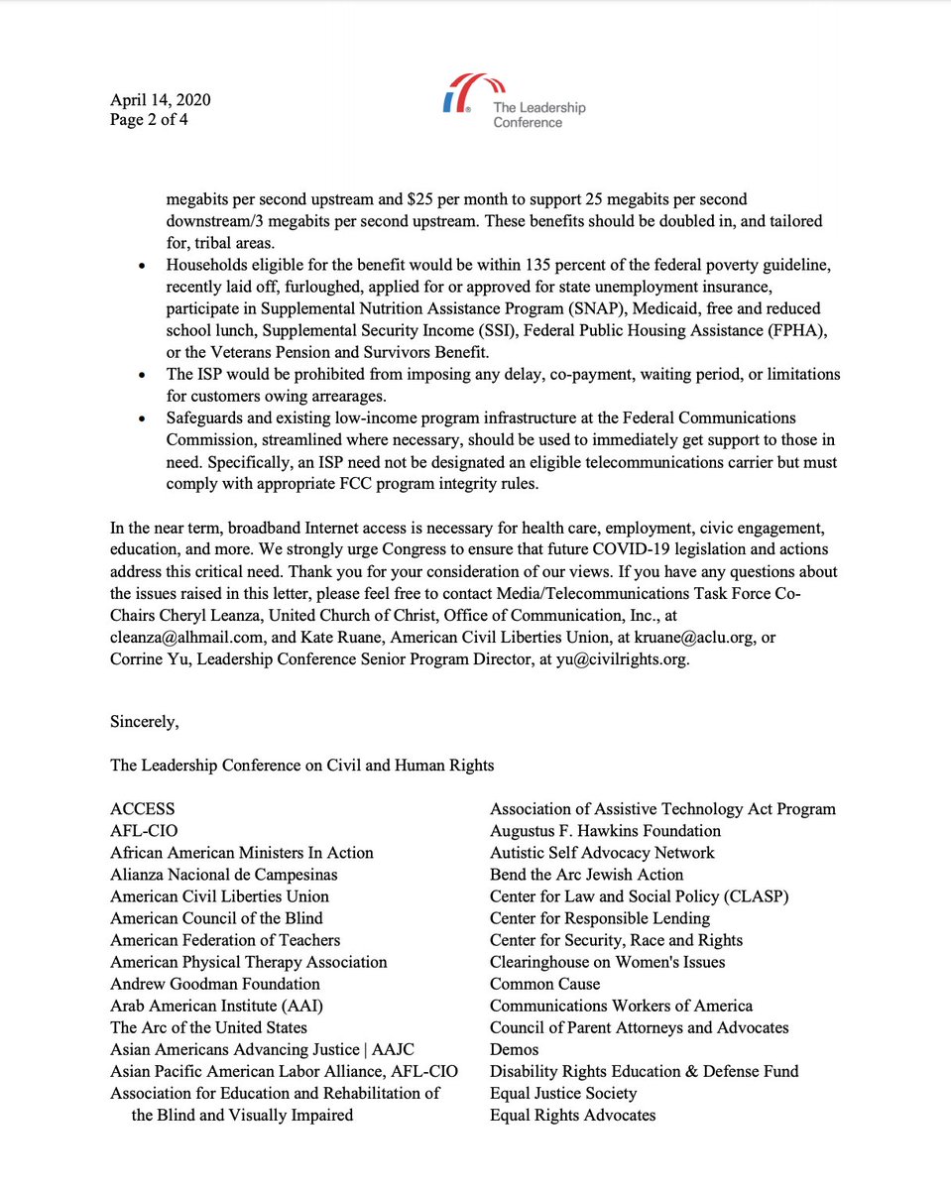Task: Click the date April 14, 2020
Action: (x=160, y=100)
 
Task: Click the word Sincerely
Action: (x=145, y=721)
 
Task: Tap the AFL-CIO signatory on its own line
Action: (x=145, y=831)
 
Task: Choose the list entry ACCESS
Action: (x=143, y=809)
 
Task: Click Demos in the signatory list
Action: (x=515, y=1049)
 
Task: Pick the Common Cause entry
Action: (x=544, y=984)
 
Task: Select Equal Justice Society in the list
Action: (x=563, y=1093)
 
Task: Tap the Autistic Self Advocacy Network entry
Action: (x=602, y=853)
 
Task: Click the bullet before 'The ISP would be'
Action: (x=145, y=375)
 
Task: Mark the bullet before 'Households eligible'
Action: (x=145, y=267)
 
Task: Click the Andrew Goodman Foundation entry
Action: (x=215, y=984)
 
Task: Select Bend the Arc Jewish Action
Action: (x=586, y=875)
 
